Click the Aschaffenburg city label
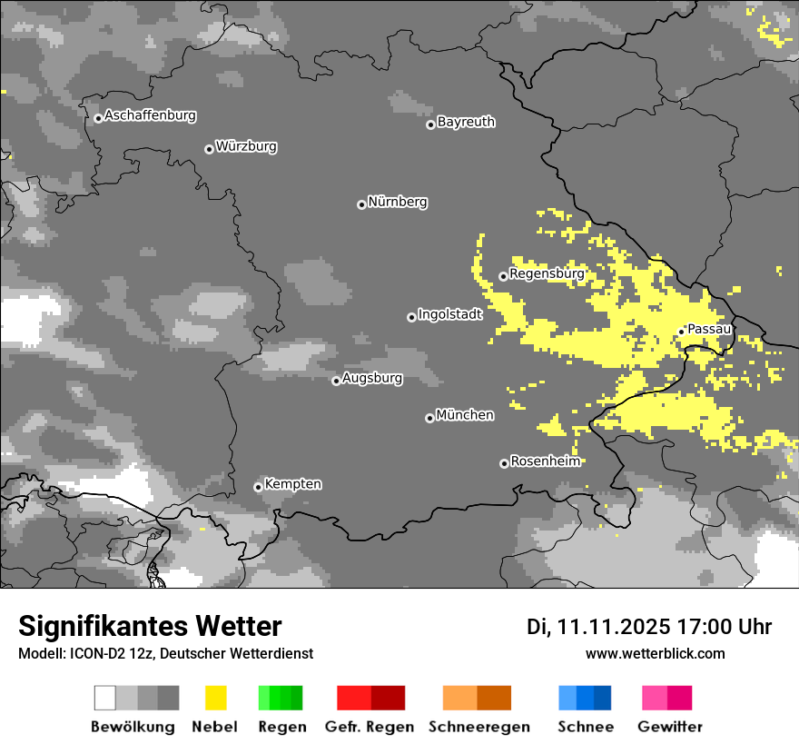click(x=150, y=116)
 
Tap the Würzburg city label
click(x=246, y=146)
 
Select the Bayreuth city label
click(x=466, y=122)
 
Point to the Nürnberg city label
click(x=398, y=202)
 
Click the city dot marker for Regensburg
click(x=503, y=276)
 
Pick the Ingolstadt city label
click(x=450, y=314)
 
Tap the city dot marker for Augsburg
click(x=336, y=381)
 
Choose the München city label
click(x=465, y=415)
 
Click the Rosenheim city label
click(x=545, y=461)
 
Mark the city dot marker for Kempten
click(x=258, y=487)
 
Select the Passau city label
click(x=709, y=329)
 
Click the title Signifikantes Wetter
click(x=150, y=627)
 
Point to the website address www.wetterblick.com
click(x=656, y=653)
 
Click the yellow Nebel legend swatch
click(x=215, y=698)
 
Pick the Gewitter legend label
click(x=670, y=727)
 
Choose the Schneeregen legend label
click(x=478, y=727)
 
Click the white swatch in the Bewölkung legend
click(x=104, y=698)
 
